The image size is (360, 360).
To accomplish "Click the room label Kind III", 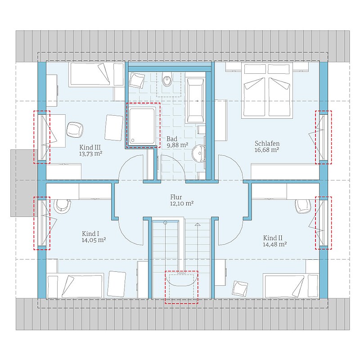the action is (x=90, y=148).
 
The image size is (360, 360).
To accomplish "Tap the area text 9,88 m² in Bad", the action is (x=177, y=145).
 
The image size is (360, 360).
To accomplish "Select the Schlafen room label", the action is (x=267, y=144).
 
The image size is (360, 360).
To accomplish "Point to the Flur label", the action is (x=176, y=197).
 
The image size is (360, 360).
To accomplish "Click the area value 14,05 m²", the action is (x=94, y=240).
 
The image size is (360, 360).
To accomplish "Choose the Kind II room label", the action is (x=273, y=238).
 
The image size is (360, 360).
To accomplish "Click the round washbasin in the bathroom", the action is (x=198, y=153).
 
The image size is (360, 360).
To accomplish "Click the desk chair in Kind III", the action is (x=75, y=130).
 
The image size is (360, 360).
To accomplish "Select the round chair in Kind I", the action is (x=62, y=206).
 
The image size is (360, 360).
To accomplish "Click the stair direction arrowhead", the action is (x=198, y=224).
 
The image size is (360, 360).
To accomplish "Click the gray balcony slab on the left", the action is (x=24, y=183).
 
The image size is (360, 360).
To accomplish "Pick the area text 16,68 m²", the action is (x=267, y=150).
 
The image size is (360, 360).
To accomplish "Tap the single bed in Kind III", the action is (x=97, y=75).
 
